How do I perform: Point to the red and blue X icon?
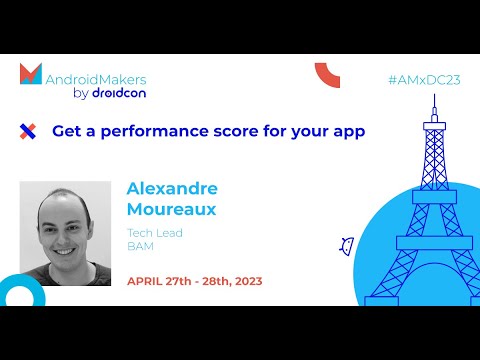[28, 131]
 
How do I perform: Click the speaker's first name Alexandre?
[172, 189]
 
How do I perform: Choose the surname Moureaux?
[172, 210]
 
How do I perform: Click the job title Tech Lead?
[154, 232]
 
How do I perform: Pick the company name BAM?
[139, 246]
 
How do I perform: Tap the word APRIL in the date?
[148, 281]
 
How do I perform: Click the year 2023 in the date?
[243, 281]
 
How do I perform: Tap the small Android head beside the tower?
[348, 243]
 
